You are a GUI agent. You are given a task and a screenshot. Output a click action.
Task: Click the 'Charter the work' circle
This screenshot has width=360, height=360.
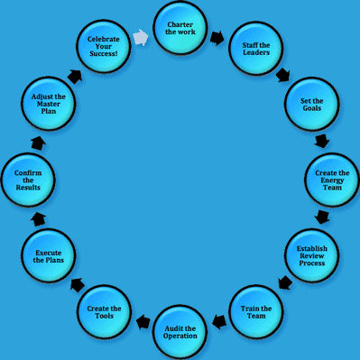180,29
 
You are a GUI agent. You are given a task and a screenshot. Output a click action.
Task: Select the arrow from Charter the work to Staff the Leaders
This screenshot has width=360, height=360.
217,39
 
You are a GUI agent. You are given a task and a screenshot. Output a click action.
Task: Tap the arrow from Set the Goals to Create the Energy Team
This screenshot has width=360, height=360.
322,141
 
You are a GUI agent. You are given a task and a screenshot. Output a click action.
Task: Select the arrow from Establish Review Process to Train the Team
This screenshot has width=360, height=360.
285,283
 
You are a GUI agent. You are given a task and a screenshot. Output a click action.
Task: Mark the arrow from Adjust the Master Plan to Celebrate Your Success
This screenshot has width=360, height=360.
75,77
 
